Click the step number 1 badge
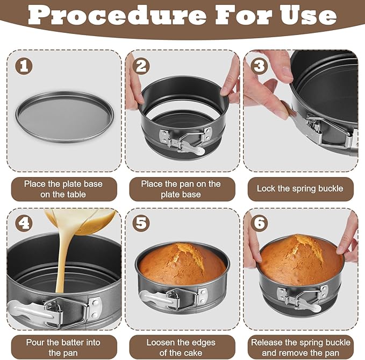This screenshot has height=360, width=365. pos(24,67)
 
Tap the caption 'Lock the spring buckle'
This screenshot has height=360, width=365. pos(300,189)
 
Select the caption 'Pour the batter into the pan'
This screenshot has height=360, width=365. pos(63,347)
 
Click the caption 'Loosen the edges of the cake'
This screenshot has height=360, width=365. pos(181,347)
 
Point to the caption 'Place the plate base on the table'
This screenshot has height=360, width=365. pos(63,189)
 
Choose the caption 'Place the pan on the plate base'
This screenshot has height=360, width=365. pos(181,189)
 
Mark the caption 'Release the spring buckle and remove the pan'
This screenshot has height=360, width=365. pos(300,347)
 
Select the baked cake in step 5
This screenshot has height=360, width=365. pos(182,264)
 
